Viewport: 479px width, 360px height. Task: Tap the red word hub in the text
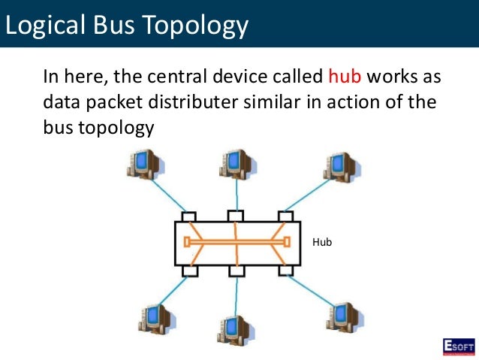point(345,77)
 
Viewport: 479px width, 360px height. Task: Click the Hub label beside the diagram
point(321,242)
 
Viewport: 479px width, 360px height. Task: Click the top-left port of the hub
point(188,216)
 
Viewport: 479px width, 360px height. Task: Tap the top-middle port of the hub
point(236,216)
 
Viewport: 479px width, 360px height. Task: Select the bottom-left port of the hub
point(189,269)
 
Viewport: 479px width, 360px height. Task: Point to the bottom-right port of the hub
point(286,269)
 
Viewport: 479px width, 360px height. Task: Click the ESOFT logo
point(457,346)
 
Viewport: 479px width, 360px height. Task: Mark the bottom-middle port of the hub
point(236,269)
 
